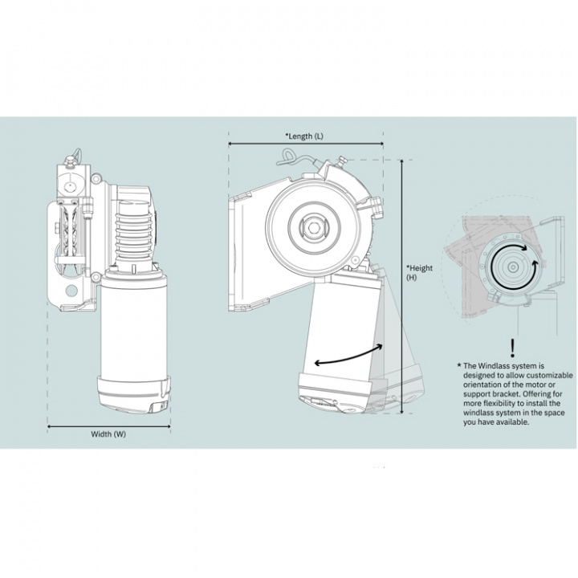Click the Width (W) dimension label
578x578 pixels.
coord(108,434)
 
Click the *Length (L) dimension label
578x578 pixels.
coord(305,136)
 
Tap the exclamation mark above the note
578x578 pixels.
coord(512,348)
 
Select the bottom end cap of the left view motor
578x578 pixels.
coord(133,394)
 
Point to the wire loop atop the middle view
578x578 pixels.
coord(295,157)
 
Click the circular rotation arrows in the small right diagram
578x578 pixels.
coord(511,263)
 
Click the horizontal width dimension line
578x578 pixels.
coord(108,426)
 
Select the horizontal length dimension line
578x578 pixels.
coord(305,144)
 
